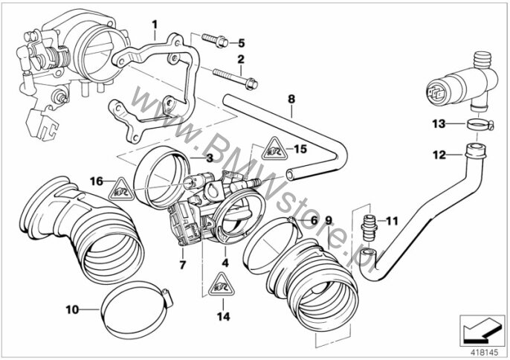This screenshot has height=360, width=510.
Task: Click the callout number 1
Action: coord(155,25)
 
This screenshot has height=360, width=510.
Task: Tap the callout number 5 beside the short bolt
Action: coord(241,43)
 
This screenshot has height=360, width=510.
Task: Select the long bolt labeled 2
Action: coord(235,78)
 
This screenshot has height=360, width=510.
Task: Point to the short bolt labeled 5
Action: coord(215,41)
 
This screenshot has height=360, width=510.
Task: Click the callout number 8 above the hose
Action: coord(291,99)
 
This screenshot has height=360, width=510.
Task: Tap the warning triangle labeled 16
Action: coord(121,189)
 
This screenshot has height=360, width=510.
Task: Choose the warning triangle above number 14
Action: coord(222,284)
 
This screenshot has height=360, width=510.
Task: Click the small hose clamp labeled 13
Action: coord(480,125)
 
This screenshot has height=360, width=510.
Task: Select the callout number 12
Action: coord(439,155)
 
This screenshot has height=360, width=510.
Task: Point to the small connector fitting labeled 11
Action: coord(369,227)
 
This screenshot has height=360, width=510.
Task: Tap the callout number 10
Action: coord(72,309)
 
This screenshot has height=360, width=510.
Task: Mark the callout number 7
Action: coord(182,265)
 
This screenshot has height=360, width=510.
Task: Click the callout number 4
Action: coord(225,263)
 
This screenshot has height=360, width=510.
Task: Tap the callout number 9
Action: coord(328,221)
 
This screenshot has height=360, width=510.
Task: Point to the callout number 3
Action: coord(210,158)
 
